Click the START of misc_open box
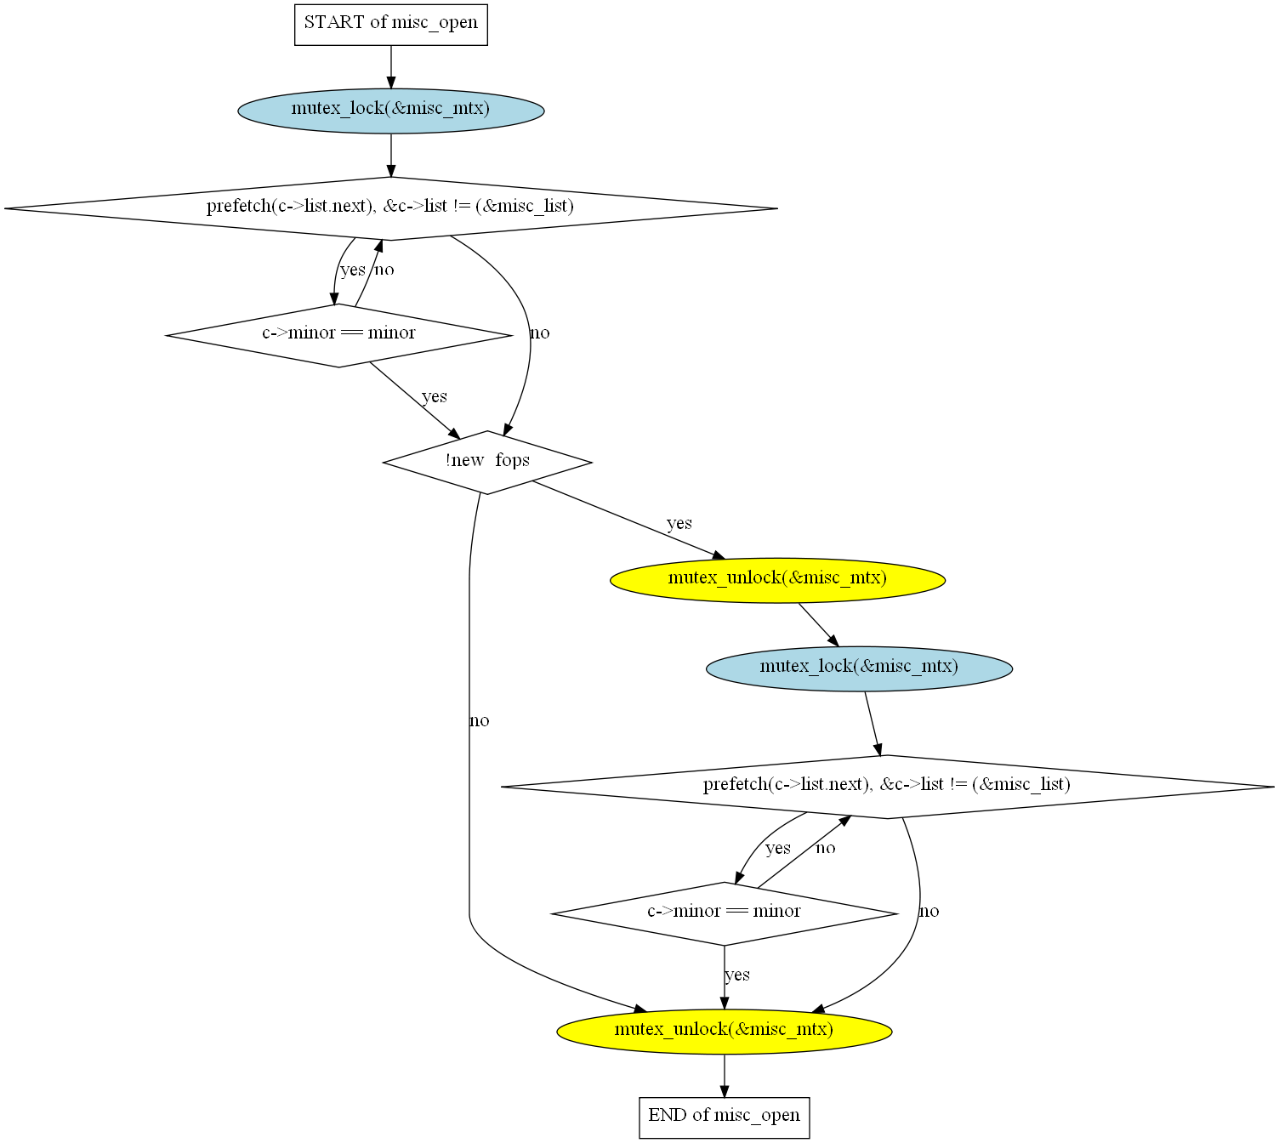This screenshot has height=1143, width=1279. [x=391, y=25]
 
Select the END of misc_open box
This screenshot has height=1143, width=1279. [x=724, y=1117]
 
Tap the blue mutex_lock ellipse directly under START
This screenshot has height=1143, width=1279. [x=391, y=111]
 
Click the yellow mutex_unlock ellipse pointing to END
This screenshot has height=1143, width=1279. [x=724, y=1032]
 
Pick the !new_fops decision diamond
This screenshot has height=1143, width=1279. [x=487, y=463]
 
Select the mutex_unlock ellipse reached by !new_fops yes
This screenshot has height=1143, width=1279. [x=777, y=580]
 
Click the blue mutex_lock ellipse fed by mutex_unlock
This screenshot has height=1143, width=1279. [x=859, y=668]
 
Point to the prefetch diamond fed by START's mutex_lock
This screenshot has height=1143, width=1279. [x=391, y=208]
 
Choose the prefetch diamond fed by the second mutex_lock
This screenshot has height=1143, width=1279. [x=888, y=787]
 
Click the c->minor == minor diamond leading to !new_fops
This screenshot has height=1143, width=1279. [x=339, y=335]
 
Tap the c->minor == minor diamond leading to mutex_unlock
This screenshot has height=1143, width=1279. [x=724, y=913]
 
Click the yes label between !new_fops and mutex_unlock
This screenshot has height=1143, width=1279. [x=679, y=523]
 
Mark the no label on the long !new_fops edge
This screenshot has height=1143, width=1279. [x=479, y=720]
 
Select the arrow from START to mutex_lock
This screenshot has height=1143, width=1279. [x=391, y=67]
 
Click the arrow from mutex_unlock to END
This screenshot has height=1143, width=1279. [x=724, y=1076]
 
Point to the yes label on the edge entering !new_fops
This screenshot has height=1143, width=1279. [x=435, y=396]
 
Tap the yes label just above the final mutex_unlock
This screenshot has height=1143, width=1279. [x=737, y=975]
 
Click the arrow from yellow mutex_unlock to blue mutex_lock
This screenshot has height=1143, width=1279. [x=819, y=624]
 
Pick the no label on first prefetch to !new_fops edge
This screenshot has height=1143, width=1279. [x=540, y=333]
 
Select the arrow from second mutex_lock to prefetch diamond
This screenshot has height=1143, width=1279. [x=873, y=724]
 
